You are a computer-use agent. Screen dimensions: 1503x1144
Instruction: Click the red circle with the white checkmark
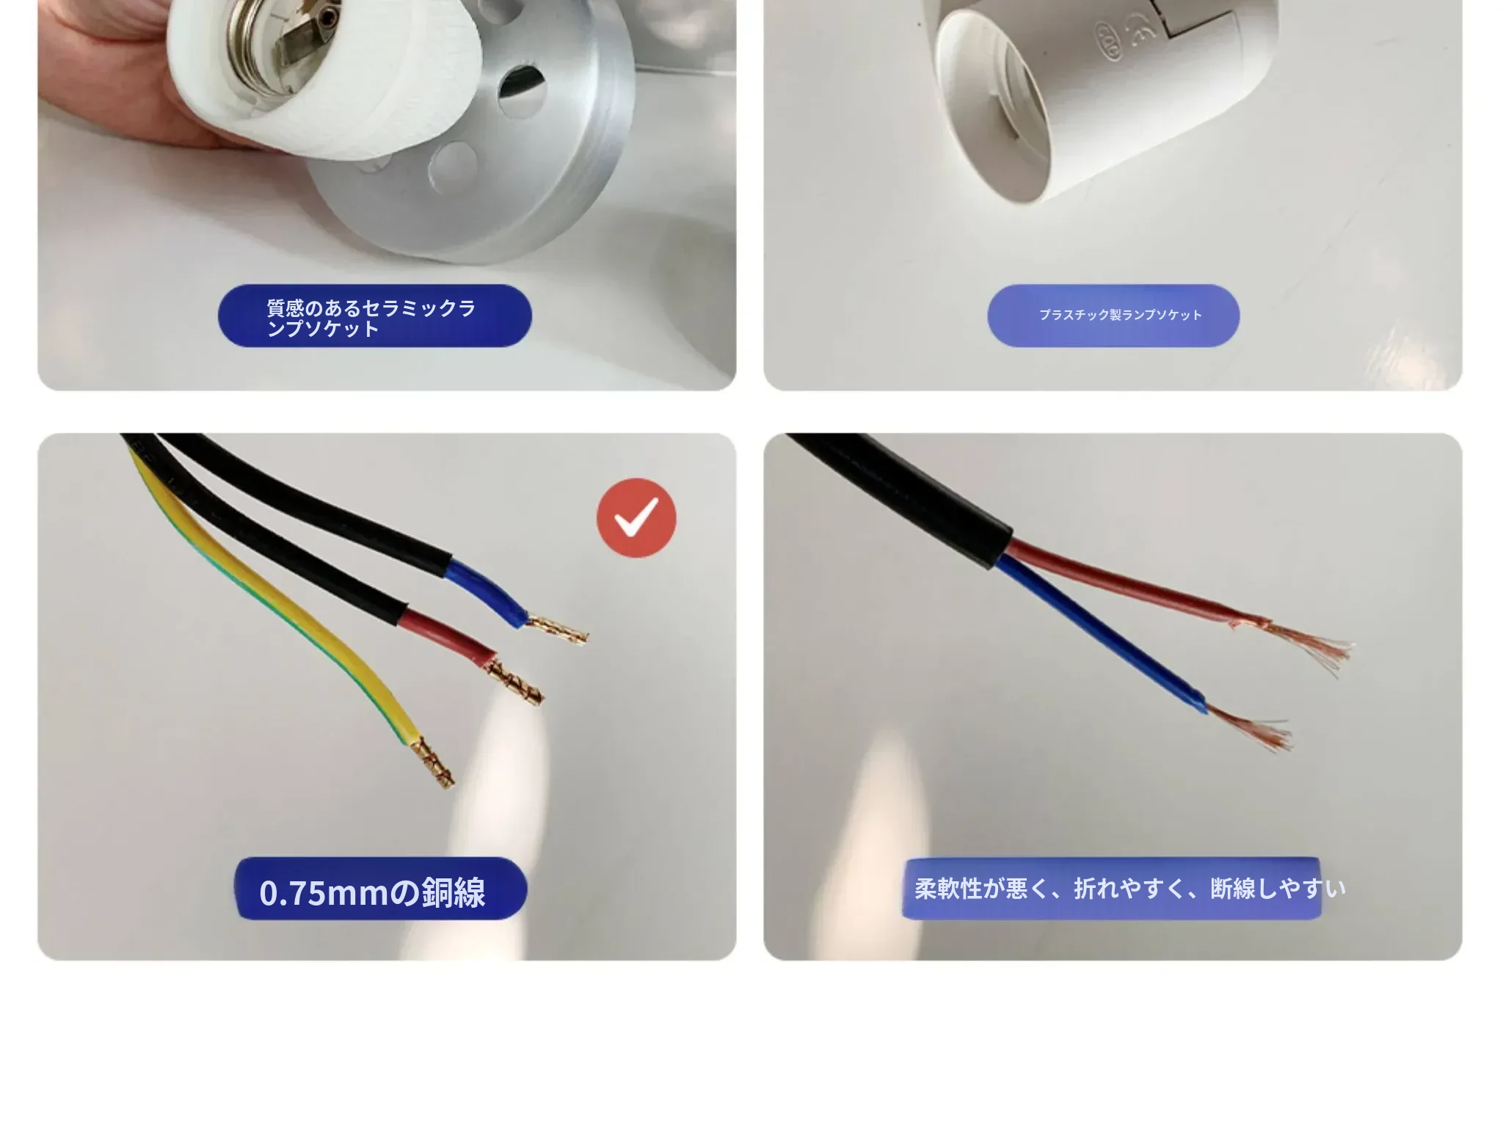[x=636, y=517]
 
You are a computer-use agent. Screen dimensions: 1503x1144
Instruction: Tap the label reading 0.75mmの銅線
[x=373, y=892]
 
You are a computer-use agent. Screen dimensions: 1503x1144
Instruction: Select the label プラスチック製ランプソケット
[x=1121, y=315]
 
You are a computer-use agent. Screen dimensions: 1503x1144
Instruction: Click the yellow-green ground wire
[x=279, y=602]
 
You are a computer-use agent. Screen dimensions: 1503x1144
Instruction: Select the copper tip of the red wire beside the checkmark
[x=517, y=682]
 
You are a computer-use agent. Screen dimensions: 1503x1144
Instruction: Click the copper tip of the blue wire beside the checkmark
[x=558, y=630]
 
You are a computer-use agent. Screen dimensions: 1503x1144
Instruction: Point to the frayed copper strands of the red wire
[x=1299, y=645]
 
